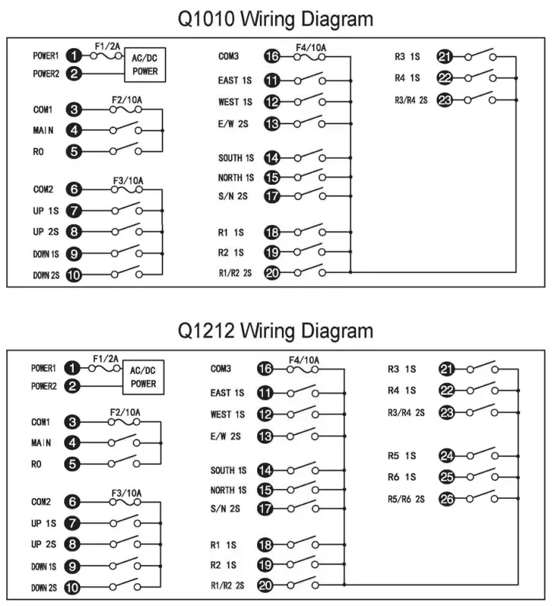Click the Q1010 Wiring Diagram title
[275, 18]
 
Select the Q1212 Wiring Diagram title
[275, 331]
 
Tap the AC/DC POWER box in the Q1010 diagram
[144, 65]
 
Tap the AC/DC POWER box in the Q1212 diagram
[143, 377]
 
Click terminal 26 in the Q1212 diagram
[447, 499]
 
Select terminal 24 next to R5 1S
[447, 455]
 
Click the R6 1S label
[402, 477]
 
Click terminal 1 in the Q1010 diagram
[73, 56]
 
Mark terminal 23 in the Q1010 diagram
[446, 99]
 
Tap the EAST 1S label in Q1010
[236, 79]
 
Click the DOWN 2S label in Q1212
[44, 587]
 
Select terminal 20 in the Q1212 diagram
[265, 585]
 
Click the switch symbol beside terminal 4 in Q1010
[126, 129]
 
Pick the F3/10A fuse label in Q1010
[127, 181]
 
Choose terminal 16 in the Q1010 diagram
[271, 56]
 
